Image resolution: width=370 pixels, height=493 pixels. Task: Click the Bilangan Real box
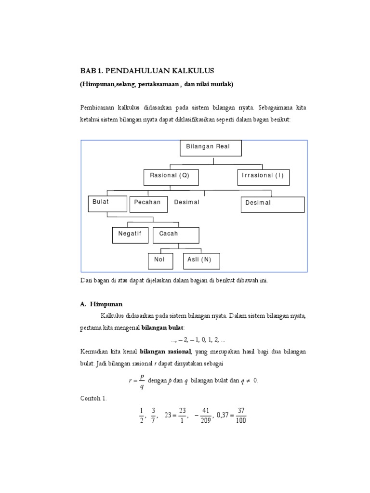[x=211, y=148]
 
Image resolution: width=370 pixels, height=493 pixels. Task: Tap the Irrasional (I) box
[x=263, y=177]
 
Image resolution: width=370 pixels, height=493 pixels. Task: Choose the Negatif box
[x=130, y=234]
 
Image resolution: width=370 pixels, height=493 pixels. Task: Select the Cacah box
[x=175, y=234]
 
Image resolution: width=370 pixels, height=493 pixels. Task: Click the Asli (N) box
[x=201, y=260]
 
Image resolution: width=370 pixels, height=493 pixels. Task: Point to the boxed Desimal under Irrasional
[x=272, y=204]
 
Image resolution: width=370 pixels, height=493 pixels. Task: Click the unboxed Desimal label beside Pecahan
[x=186, y=202]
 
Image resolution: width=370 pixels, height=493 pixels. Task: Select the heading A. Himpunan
[x=102, y=304]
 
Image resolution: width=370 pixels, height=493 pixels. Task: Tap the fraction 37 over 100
[x=241, y=415]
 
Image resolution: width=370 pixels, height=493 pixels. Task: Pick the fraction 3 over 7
[x=154, y=415]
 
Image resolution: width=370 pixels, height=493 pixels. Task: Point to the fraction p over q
[x=141, y=381]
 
